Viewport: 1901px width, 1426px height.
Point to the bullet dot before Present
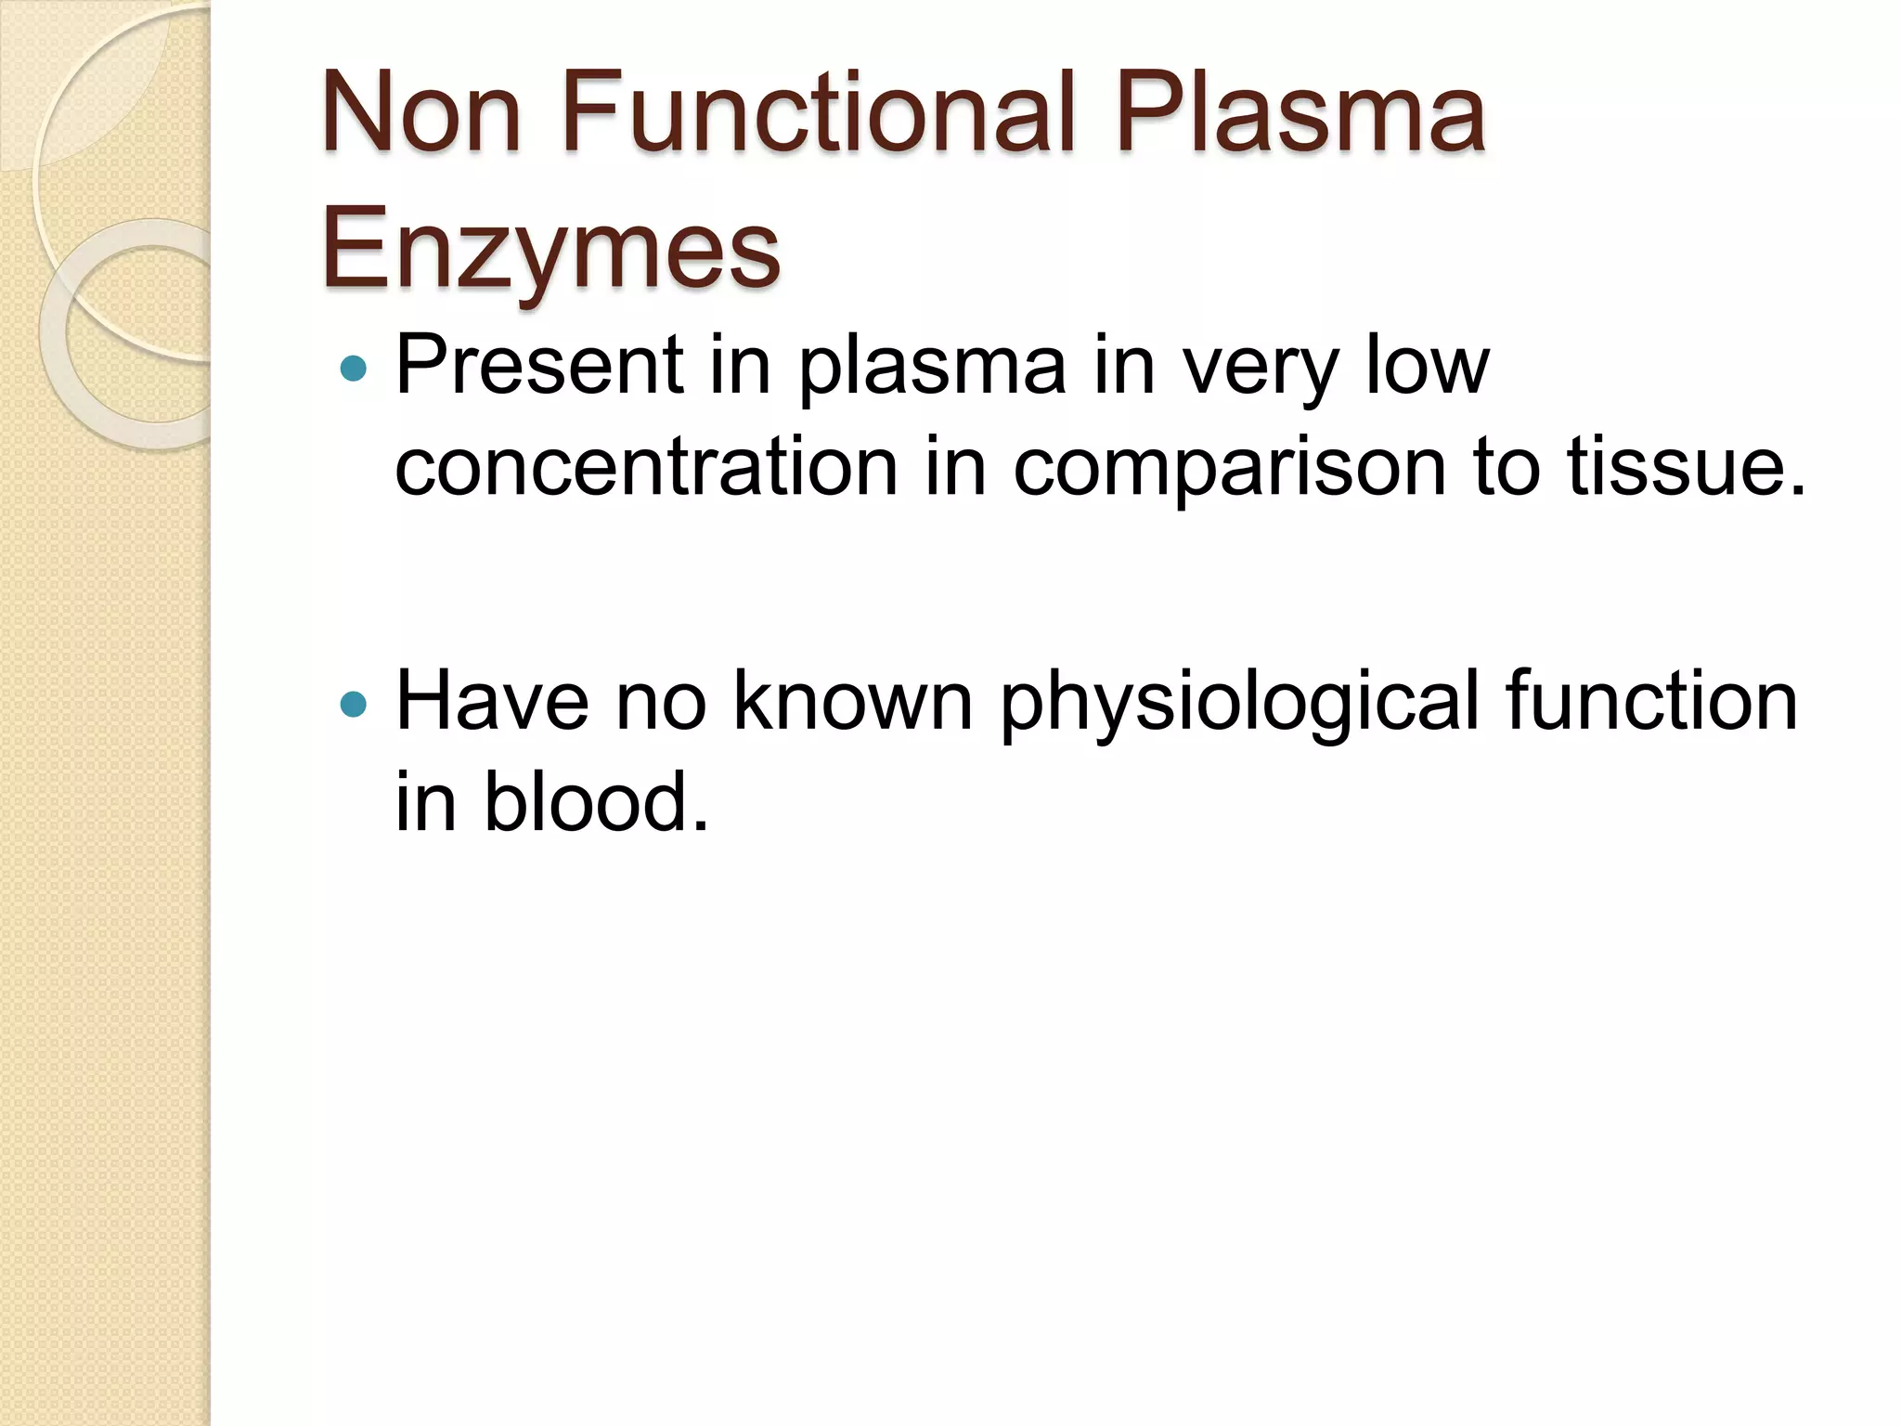pyautogui.click(x=354, y=369)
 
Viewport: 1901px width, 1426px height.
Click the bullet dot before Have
pyautogui.click(x=354, y=706)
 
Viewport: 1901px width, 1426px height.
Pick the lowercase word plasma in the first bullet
pyautogui.click(x=932, y=369)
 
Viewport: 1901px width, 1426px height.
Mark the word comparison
pyautogui.click(x=1230, y=470)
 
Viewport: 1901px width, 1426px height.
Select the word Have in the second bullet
pyautogui.click(x=492, y=702)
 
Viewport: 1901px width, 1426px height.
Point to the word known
pyautogui.click(x=853, y=702)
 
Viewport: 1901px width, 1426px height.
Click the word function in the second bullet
pyautogui.click(x=1652, y=702)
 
